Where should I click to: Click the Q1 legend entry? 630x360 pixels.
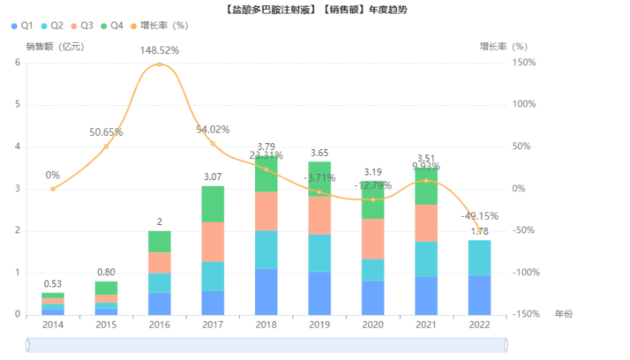(x=22, y=25)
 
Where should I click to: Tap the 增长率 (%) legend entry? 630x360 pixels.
(x=158, y=25)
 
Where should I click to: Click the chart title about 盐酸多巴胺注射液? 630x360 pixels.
(x=315, y=9)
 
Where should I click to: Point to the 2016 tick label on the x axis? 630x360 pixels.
(x=160, y=325)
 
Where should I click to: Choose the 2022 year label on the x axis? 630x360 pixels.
(x=480, y=325)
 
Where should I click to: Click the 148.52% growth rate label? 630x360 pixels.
(x=160, y=50)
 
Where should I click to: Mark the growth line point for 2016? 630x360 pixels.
(x=160, y=64)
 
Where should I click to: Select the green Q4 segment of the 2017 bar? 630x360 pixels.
(x=213, y=204)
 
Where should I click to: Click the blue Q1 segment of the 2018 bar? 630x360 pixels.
(x=266, y=292)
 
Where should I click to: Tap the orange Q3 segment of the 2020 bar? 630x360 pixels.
(x=373, y=239)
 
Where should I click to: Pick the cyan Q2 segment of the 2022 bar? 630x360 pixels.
(x=480, y=257)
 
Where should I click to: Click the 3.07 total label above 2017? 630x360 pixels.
(x=213, y=176)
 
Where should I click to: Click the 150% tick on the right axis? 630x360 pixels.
(x=525, y=62)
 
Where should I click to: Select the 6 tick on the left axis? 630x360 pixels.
(x=17, y=62)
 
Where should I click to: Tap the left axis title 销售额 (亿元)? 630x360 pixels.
(x=55, y=46)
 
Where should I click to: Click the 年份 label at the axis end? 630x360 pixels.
(x=563, y=314)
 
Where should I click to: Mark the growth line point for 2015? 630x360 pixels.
(x=106, y=146)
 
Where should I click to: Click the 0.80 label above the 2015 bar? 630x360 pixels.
(x=106, y=272)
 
